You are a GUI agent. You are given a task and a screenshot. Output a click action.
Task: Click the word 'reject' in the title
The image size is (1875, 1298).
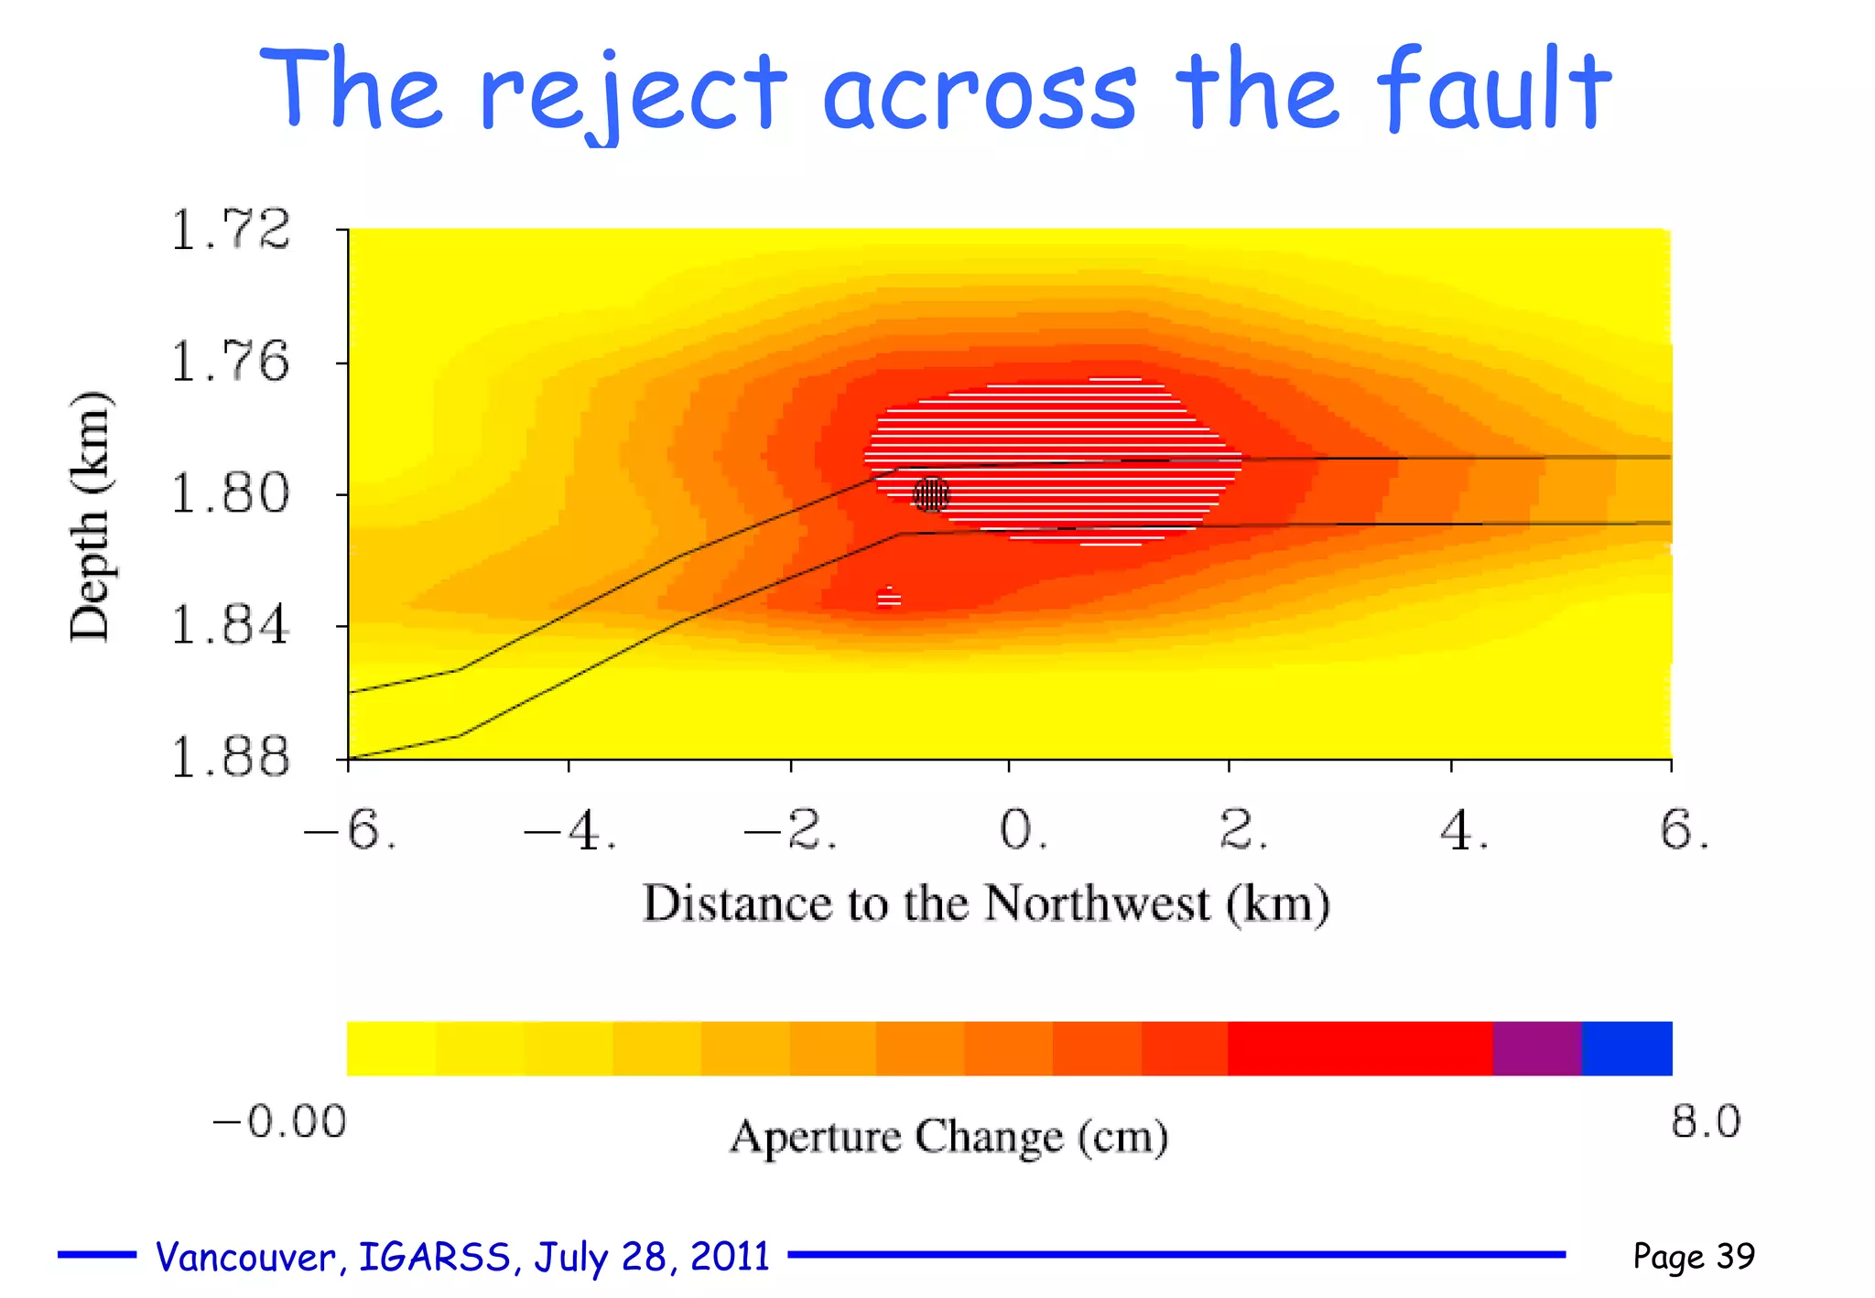point(632,92)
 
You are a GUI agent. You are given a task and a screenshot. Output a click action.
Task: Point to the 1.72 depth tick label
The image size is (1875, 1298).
point(231,230)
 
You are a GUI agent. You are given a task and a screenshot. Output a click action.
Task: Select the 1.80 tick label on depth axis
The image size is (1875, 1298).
point(231,494)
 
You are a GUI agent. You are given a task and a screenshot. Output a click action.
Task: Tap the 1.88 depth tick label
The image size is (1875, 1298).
point(231,758)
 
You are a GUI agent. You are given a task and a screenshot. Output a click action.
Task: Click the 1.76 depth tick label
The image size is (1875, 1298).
point(231,362)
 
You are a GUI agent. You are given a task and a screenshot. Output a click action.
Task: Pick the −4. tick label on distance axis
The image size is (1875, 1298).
point(569,831)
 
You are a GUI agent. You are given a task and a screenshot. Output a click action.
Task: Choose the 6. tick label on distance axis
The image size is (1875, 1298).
point(1684,831)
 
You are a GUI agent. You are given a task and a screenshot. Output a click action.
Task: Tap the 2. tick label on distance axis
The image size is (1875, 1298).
point(1243,831)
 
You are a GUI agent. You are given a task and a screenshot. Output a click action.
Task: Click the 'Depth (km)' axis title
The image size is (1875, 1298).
point(90,517)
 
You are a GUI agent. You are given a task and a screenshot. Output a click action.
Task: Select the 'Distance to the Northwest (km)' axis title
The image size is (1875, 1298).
point(986,903)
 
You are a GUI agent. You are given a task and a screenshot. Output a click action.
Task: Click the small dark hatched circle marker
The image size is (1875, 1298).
point(932,495)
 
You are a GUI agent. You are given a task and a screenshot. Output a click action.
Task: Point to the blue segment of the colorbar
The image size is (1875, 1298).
point(1627,1048)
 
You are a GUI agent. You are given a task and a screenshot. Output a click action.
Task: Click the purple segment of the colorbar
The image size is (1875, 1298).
point(1537,1048)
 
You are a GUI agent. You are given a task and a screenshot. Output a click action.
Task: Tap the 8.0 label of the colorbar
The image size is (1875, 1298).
point(1706,1121)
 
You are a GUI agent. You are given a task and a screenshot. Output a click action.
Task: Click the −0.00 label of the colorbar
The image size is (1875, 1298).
point(279,1121)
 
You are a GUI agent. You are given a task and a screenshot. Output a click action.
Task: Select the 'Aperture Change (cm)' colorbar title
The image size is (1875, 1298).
point(948,1137)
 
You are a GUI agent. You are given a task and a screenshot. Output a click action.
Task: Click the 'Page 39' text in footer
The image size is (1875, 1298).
point(1694,1256)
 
